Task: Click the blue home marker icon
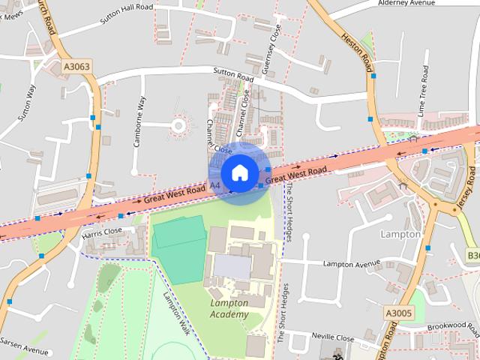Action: coord(239,172)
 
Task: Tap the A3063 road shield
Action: coord(76,67)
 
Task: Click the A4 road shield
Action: coord(215,184)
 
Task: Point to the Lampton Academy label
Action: coord(229,309)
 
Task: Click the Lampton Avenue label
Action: coord(352,264)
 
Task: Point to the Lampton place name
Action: coord(401,234)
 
